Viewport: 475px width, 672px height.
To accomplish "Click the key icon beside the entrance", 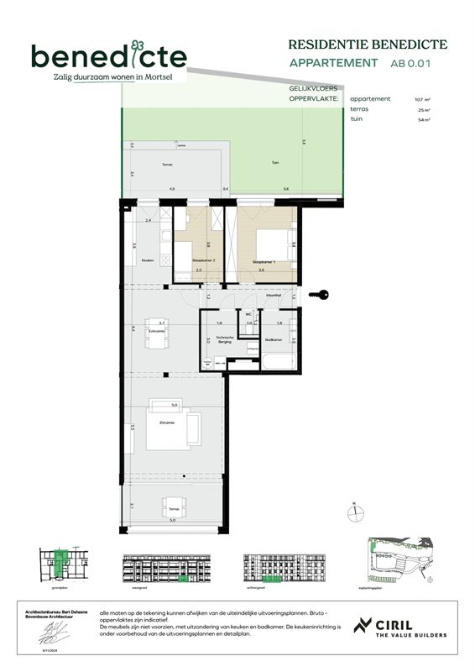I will point(320,294).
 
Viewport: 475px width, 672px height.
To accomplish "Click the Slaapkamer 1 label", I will point(264,261).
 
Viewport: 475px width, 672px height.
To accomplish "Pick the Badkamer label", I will point(273,340).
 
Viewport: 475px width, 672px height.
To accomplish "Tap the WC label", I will point(248,314).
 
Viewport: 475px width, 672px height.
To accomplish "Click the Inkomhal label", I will point(273,296).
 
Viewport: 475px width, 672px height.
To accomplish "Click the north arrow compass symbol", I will point(356,510).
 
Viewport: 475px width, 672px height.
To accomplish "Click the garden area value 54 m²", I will point(424,120).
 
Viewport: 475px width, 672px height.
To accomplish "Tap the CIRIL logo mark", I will point(363,627).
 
